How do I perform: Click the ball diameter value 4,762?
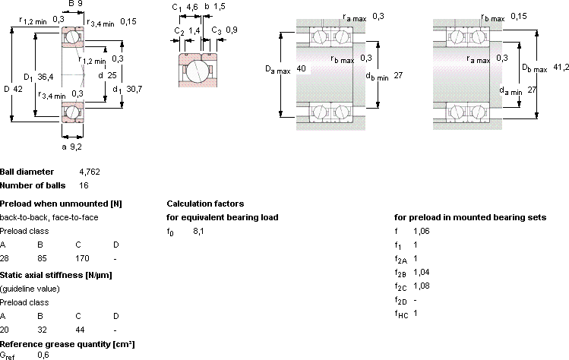pos(90,172)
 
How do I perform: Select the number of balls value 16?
pos(84,185)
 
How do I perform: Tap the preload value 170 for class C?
pos(82,258)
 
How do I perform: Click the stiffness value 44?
pos(80,330)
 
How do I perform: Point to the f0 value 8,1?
pos(198,231)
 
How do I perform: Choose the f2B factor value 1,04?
pos(422,272)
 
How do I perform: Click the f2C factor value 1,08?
pos(422,286)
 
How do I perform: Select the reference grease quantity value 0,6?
pos(43,355)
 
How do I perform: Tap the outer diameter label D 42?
pos(13,89)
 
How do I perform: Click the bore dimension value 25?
pos(112,75)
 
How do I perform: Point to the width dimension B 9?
pos(75,4)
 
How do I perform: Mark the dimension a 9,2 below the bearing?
pos(71,147)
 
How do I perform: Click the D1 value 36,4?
pos(46,77)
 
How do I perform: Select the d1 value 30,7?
pos(134,89)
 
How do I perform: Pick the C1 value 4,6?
pos(192,7)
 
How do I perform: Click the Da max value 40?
pos(301,68)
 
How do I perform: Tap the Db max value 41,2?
pos(561,67)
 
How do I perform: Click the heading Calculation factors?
pos(205,204)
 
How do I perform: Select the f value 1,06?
pos(422,231)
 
